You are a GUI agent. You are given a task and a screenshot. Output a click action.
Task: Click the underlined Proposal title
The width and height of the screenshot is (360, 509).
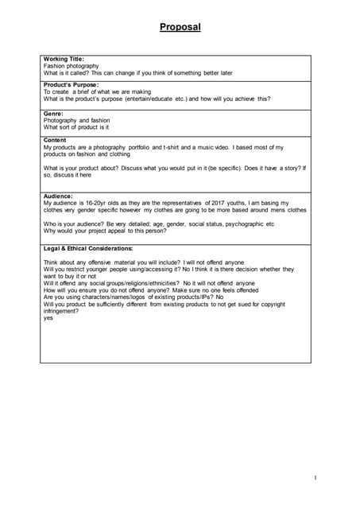click(x=180, y=27)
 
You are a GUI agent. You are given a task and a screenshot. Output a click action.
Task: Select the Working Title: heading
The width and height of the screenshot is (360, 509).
click(x=64, y=59)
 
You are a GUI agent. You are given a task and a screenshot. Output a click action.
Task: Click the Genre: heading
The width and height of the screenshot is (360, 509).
click(x=54, y=114)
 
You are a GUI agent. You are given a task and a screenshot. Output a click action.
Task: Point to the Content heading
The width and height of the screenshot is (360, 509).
click(x=55, y=141)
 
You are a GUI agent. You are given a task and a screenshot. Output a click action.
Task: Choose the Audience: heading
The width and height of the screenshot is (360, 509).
click(x=58, y=196)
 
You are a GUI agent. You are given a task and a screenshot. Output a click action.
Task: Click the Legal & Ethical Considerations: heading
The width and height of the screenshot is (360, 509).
click(x=88, y=248)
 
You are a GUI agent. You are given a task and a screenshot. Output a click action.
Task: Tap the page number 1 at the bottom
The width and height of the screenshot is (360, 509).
click(x=315, y=477)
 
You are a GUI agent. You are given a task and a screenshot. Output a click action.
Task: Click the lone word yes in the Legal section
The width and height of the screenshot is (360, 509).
click(x=48, y=318)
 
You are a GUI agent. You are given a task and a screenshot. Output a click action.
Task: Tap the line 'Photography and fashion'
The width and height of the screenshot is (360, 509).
click(x=76, y=120)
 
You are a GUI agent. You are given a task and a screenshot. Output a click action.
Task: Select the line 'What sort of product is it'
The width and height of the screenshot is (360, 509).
click(x=76, y=127)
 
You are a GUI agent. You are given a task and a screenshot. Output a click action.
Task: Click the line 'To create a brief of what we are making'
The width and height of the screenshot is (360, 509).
click(x=97, y=92)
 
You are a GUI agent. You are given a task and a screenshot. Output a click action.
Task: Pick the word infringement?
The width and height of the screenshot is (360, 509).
click(x=61, y=311)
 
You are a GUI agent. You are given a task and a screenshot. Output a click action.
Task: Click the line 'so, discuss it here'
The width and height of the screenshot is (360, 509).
click(x=68, y=175)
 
